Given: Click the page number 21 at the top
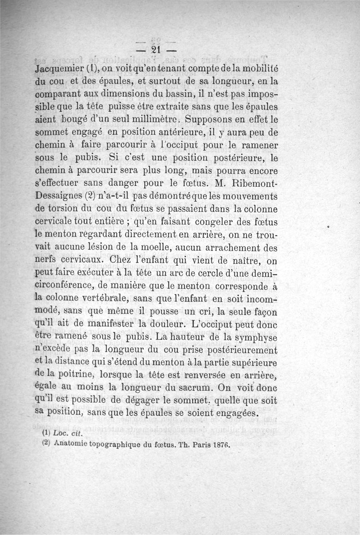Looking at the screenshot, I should pos(156,49).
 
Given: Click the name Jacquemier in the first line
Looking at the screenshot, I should pos(57,70).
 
